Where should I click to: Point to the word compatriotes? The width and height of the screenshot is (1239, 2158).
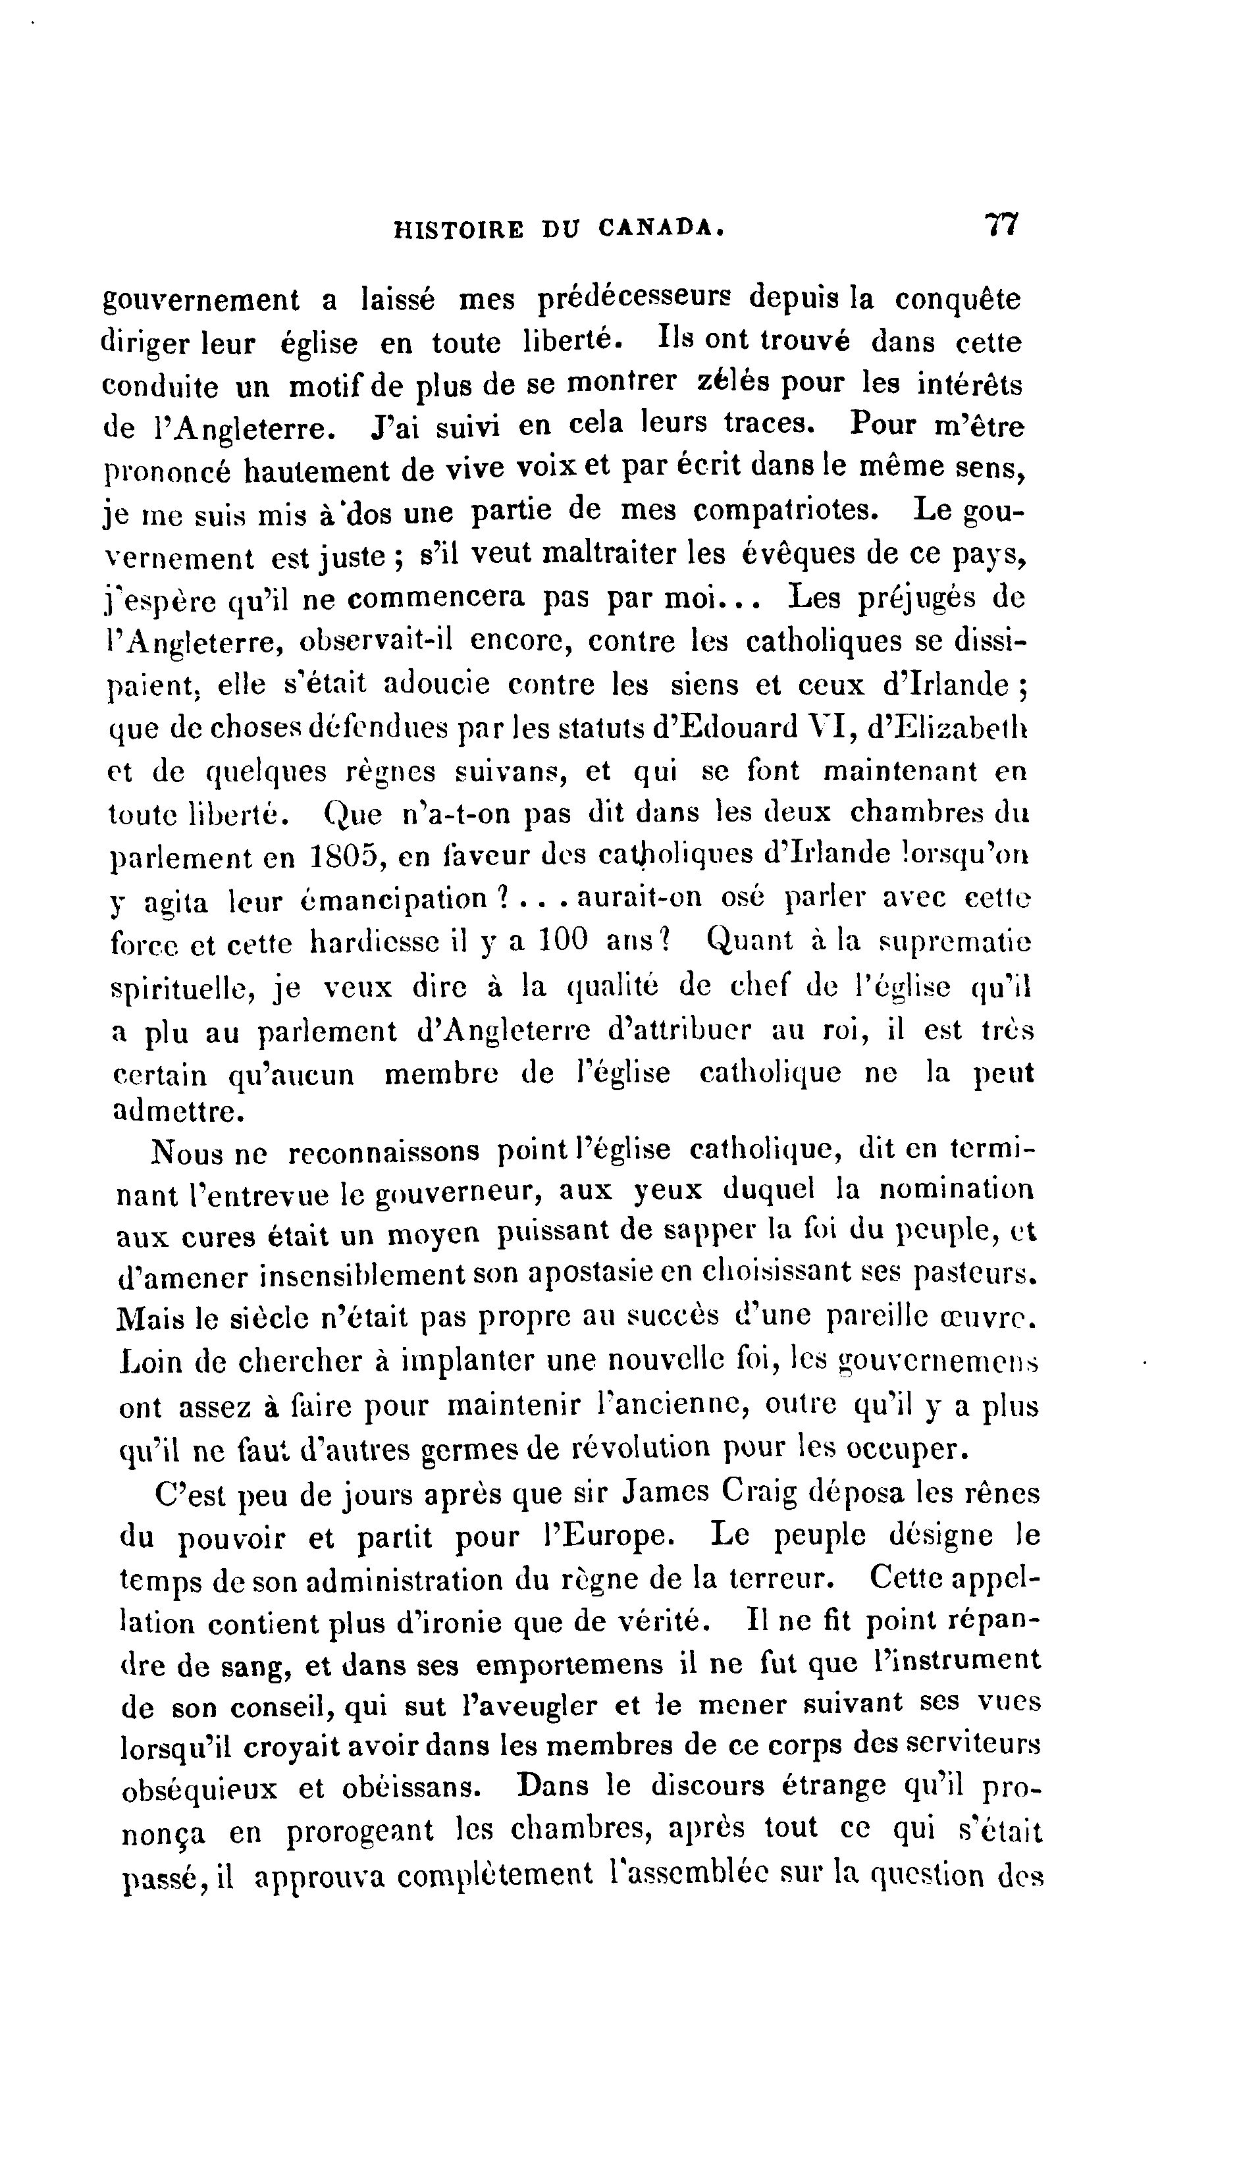pos(782,511)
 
